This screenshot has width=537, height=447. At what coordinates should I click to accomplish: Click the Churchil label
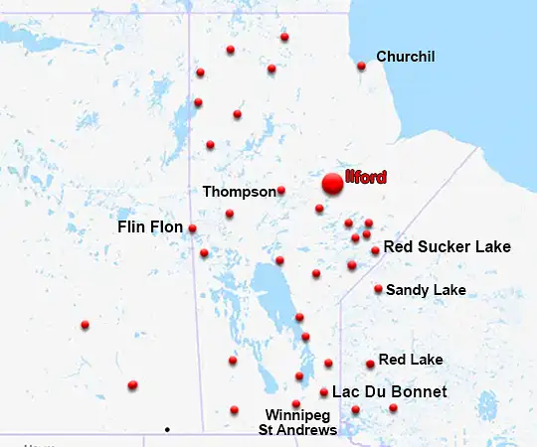tap(406, 57)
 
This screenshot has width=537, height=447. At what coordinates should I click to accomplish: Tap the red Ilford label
tap(365, 178)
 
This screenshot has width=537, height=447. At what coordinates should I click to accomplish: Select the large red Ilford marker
tap(332, 184)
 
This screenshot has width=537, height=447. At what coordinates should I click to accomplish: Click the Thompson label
tap(239, 191)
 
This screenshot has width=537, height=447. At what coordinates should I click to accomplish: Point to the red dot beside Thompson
tap(281, 190)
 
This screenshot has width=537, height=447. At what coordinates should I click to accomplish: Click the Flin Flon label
tap(150, 227)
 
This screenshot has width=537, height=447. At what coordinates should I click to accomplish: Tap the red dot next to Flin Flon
tap(192, 228)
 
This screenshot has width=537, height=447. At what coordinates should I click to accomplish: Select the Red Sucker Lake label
tap(447, 246)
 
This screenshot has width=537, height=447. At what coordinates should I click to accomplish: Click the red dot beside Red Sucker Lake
tap(375, 250)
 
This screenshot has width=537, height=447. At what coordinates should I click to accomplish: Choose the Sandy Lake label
tap(426, 290)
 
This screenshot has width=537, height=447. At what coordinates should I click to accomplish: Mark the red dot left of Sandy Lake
tap(378, 289)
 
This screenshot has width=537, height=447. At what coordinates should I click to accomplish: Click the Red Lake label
tap(411, 359)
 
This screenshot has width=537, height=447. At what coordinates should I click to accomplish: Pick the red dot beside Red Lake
tap(370, 364)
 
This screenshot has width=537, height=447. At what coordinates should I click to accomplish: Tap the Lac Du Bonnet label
tap(389, 392)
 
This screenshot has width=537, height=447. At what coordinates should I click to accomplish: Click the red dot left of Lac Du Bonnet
tap(324, 392)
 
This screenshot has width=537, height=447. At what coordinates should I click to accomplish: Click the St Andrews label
tap(297, 430)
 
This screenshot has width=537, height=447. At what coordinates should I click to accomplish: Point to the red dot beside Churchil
tap(361, 67)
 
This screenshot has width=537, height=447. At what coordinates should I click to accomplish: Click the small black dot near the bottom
tap(167, 429)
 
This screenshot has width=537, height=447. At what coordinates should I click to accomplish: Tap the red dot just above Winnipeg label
tap(295, 403)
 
